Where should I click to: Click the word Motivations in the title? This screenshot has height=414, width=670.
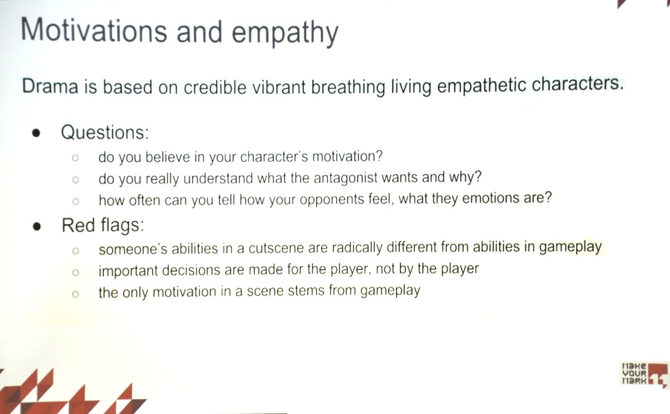(x=94, y=30)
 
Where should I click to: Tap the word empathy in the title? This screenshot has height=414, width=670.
(x=285, y=33)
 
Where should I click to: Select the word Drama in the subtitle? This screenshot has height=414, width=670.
(x=50, y=86)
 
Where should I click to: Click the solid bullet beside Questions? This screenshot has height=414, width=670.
(x=36, y=133)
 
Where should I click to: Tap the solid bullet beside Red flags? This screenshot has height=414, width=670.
(x=37, y=227)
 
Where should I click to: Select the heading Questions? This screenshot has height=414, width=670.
(x=105, y=132)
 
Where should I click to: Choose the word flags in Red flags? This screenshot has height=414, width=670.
(x=122, y=225)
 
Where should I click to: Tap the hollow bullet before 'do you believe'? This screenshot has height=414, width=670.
(x=75, y=158)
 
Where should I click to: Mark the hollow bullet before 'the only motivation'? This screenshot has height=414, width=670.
(x=75, y=295)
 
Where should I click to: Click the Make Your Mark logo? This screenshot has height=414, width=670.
(x=644, y=374)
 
